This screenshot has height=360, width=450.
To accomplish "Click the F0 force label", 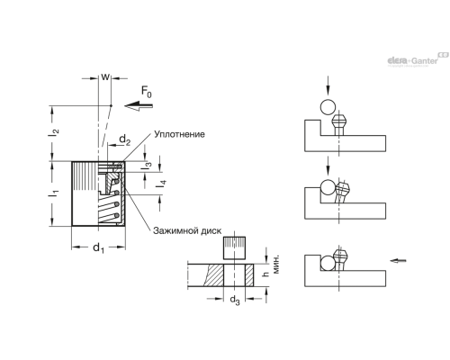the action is tap(147, 92).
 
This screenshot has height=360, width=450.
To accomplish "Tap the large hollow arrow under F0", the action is tap(139, 105).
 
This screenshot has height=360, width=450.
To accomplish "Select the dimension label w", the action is tap(105, 77).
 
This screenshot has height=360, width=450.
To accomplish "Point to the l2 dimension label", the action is tap(54, 132).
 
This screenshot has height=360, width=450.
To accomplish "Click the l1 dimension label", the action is tap(54, 193).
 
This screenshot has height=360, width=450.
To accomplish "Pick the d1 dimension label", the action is tap(98, 248).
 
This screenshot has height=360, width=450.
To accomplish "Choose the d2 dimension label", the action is tap(125, 140).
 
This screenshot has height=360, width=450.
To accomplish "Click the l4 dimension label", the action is tap(161, 184).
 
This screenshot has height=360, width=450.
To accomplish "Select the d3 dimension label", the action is tap(235, 300).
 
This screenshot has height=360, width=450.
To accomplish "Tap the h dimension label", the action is tap(265, 274).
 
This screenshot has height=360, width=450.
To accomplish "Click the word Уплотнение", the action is tap(179, 134).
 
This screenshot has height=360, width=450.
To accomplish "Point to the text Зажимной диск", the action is tap(187, 230).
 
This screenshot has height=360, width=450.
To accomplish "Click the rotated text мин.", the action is tap(276, 264).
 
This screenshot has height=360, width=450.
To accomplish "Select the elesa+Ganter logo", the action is tap(418, 59).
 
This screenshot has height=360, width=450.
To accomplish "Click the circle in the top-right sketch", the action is tap(328, 107).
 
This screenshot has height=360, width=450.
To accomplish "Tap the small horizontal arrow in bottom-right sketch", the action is tap(398, 260).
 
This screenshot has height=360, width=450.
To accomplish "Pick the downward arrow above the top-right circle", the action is tap(328, 85).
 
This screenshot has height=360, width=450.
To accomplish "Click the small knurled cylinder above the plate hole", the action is tap(234, 247).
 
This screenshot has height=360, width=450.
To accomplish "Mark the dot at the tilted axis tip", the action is tap(111, 105).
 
